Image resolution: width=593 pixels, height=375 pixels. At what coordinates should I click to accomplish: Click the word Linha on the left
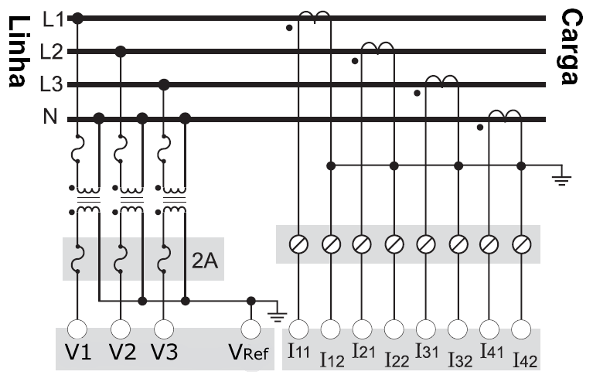pos(17,52)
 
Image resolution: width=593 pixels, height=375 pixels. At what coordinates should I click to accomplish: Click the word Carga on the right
pos(570,47)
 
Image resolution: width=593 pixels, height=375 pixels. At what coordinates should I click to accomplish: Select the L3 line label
pos(52,84)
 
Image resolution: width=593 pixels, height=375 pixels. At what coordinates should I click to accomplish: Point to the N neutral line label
pos(50,116)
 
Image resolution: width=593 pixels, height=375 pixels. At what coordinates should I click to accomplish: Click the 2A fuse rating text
pos(205,261)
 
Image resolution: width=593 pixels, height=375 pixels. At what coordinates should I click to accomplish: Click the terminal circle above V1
pos(77,329)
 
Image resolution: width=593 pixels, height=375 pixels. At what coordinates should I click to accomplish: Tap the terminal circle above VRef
pos(250,329)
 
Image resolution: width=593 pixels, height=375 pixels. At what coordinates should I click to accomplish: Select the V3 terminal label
pos(164,352)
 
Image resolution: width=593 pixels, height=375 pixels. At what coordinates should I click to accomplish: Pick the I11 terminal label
pos(298,350)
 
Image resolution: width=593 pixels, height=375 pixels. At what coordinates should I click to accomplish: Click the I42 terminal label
pos(525,360)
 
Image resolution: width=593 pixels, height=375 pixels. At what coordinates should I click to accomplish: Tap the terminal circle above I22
pos(394,329)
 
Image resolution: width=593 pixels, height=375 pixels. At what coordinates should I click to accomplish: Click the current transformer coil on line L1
pos(315,16)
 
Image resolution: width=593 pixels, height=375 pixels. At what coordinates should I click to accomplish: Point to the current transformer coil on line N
pos(505,115)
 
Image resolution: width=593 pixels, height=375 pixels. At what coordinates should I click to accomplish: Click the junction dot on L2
pos(121,52)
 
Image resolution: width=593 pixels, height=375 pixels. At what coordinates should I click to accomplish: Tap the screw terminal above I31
pos(426,244)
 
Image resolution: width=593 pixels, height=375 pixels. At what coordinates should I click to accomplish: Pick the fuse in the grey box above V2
pos(121,259)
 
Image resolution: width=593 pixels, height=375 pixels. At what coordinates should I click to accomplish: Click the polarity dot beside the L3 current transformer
pos(417,93)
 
